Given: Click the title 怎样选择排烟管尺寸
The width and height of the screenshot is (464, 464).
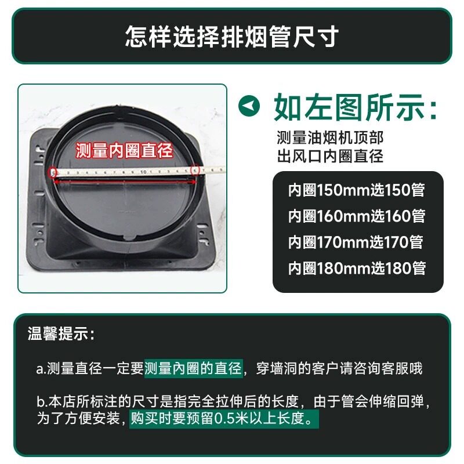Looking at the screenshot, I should click(231, 36).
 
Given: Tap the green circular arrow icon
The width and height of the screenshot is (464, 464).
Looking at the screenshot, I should click(248, 106).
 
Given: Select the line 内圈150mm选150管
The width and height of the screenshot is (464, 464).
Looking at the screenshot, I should click(357, 190).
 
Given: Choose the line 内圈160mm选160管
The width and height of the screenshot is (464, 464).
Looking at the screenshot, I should click(357, 216).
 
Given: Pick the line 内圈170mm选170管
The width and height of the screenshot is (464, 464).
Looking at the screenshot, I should click(357, 242).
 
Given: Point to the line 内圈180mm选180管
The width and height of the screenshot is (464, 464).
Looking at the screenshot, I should click(357, 268).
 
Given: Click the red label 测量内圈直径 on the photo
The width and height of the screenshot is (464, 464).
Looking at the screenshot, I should click(124, 151).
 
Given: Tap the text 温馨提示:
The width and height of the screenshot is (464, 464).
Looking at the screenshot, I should click(60, 335).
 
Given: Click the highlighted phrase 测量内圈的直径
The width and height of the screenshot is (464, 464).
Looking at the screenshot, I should click(193, 368).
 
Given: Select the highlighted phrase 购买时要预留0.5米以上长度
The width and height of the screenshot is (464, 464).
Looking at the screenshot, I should click(224, 418).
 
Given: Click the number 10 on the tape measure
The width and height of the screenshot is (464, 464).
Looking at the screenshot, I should click(142, 172).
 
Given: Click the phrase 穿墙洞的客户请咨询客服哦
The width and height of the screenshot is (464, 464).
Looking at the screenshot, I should click(339, 368).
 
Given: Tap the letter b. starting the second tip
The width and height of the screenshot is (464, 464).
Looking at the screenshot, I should click(42, 402).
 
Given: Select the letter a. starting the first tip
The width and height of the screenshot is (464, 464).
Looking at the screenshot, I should click(42, 369).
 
